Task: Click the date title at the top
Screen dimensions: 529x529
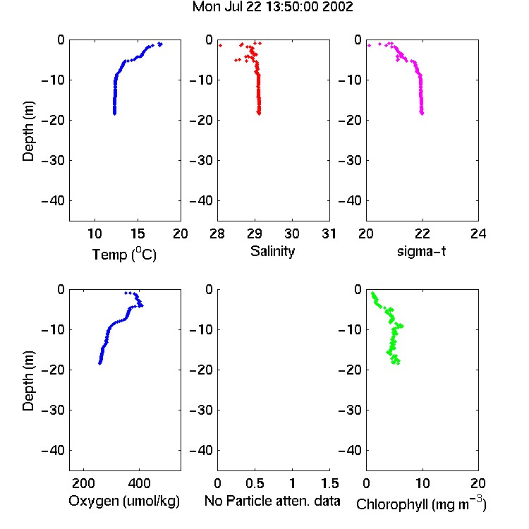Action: tap(272, 7)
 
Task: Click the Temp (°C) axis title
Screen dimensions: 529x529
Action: tap(124, 254)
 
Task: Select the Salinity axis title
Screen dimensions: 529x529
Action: tap(272, 251)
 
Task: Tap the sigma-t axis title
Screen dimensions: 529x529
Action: tap(421, 251)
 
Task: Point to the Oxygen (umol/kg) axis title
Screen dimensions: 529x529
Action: tap(124, 501)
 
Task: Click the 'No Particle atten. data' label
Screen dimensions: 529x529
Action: tap(272, 501)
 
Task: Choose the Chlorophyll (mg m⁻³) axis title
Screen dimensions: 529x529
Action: tap(421, 504)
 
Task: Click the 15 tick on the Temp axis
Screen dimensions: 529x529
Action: tap(138, 233)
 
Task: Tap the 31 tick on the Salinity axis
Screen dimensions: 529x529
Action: tap(329, 233)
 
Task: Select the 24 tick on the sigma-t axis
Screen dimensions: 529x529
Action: tap(478, 233)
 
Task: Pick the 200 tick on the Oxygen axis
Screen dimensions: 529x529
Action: tap(83, 483)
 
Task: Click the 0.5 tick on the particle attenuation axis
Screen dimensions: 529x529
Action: tap(255, 483)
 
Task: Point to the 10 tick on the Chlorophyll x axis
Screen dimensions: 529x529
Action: tap(422, 483)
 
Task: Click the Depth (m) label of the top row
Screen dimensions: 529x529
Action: tap(28, 131)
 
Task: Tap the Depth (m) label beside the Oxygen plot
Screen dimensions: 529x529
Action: tap(28, 381)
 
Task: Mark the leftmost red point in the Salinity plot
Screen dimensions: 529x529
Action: tap(220, 45)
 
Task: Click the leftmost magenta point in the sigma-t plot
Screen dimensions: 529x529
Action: tap(369, 45)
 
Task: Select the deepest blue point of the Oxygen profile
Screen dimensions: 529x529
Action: tap(100, 363)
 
